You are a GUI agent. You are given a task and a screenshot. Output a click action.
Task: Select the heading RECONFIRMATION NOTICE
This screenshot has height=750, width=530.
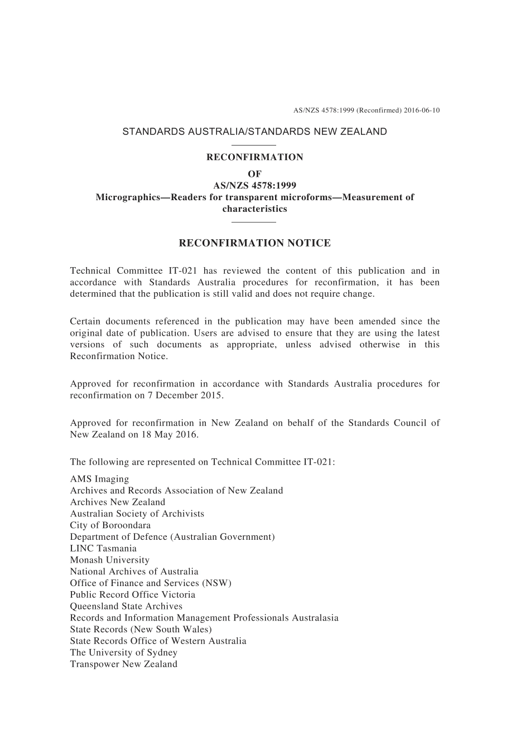(x=254, y=243)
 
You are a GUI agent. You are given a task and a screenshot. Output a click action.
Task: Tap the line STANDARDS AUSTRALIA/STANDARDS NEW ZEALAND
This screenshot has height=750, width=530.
(x=254, y=132)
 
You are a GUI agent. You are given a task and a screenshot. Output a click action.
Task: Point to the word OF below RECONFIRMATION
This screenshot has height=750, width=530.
(x=254, y=174)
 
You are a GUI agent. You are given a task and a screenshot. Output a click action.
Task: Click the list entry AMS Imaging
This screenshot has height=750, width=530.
(x=99, y=479)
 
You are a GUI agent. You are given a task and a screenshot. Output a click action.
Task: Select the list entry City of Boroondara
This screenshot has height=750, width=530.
(x=110, y=525)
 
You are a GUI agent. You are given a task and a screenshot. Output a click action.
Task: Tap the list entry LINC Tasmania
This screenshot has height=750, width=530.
(x=103, y=549)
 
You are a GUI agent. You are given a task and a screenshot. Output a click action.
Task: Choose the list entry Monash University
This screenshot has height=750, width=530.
(x=109, y=560)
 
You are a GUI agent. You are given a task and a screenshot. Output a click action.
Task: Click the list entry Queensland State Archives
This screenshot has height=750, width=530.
(x=126, y=606)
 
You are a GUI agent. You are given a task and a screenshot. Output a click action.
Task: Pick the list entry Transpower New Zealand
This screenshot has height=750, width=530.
(x=123, y=664)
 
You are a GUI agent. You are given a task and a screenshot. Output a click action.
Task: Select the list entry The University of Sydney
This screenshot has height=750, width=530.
(x=123, y=652)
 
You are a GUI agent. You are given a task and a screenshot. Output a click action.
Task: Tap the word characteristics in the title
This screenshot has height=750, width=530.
(x=254, y=209)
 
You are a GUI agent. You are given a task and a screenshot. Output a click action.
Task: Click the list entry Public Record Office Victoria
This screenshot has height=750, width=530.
(x=132, y=594)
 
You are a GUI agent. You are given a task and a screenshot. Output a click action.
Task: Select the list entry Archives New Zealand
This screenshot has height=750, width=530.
(x=117, y=502)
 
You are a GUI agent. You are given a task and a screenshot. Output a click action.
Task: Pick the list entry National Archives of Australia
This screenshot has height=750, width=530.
(x=134, y=572)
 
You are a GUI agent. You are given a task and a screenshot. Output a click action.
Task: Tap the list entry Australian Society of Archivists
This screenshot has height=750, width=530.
(x=137, y=514)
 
